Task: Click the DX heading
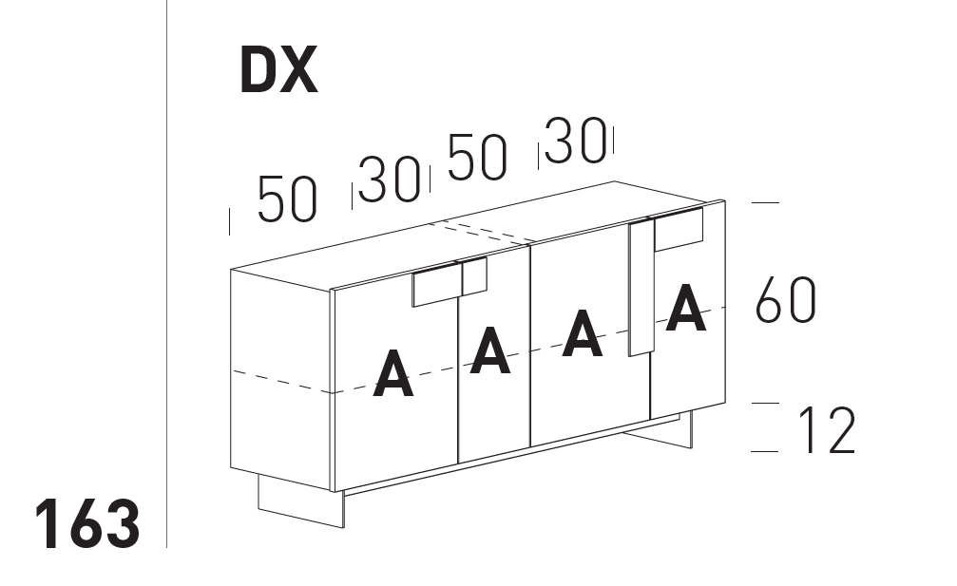tap(278, 72)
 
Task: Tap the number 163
tap(87, 523)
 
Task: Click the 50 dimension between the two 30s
tap(477, 158)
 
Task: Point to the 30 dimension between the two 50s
tap(390, 180)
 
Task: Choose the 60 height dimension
tap(785, 302)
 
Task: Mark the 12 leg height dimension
tap(826, 430)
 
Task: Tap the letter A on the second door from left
tap(490, 349)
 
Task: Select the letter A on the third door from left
tap(582, 333)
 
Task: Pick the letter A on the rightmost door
tap(685, 309)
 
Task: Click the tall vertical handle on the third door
tap(640, 290)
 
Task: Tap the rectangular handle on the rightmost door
tap(679, 229)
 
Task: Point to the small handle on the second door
tap(473, 275)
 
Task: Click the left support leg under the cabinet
tap(299, 501)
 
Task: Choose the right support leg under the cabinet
tap(665, 434)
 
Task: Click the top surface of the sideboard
tap(475, 228)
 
